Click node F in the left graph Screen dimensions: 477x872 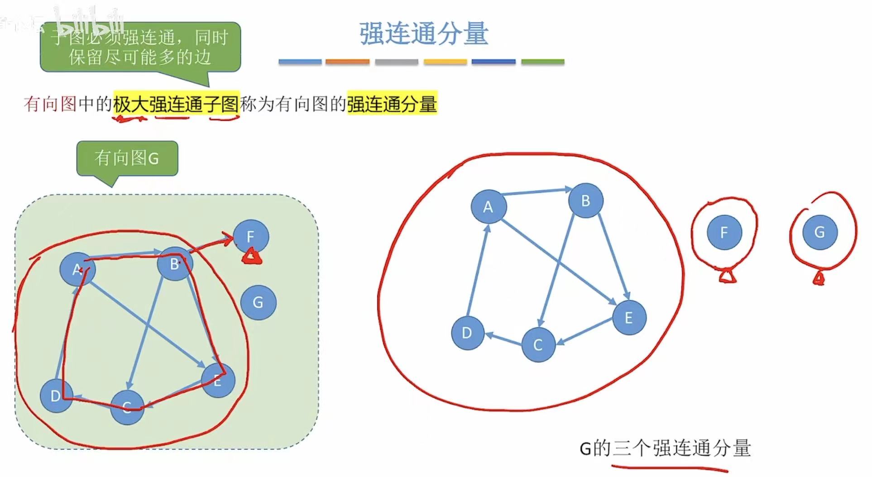point(250,236)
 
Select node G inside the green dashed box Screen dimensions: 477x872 point(258,302)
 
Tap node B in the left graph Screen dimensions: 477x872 point(175,263)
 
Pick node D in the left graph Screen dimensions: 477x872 point(56,396)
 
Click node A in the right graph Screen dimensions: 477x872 point(488,207)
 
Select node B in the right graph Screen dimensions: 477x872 point(585,200)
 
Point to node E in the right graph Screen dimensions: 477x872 point(629,318)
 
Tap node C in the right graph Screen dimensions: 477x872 point(538,345)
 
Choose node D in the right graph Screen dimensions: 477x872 point(467,333)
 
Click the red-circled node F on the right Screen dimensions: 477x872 point(724,233)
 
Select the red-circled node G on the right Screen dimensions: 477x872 point(819,233)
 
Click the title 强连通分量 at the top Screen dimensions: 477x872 point(424,33)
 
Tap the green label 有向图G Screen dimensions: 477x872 point(127,158)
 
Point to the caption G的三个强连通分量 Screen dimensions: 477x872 point(665,448)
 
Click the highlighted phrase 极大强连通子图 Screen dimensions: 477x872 point(176,104)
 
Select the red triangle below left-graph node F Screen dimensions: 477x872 point(252,258)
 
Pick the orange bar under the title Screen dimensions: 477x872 point(347,62)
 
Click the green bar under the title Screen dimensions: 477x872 point(542,62)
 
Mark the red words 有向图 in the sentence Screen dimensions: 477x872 point(50,104)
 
